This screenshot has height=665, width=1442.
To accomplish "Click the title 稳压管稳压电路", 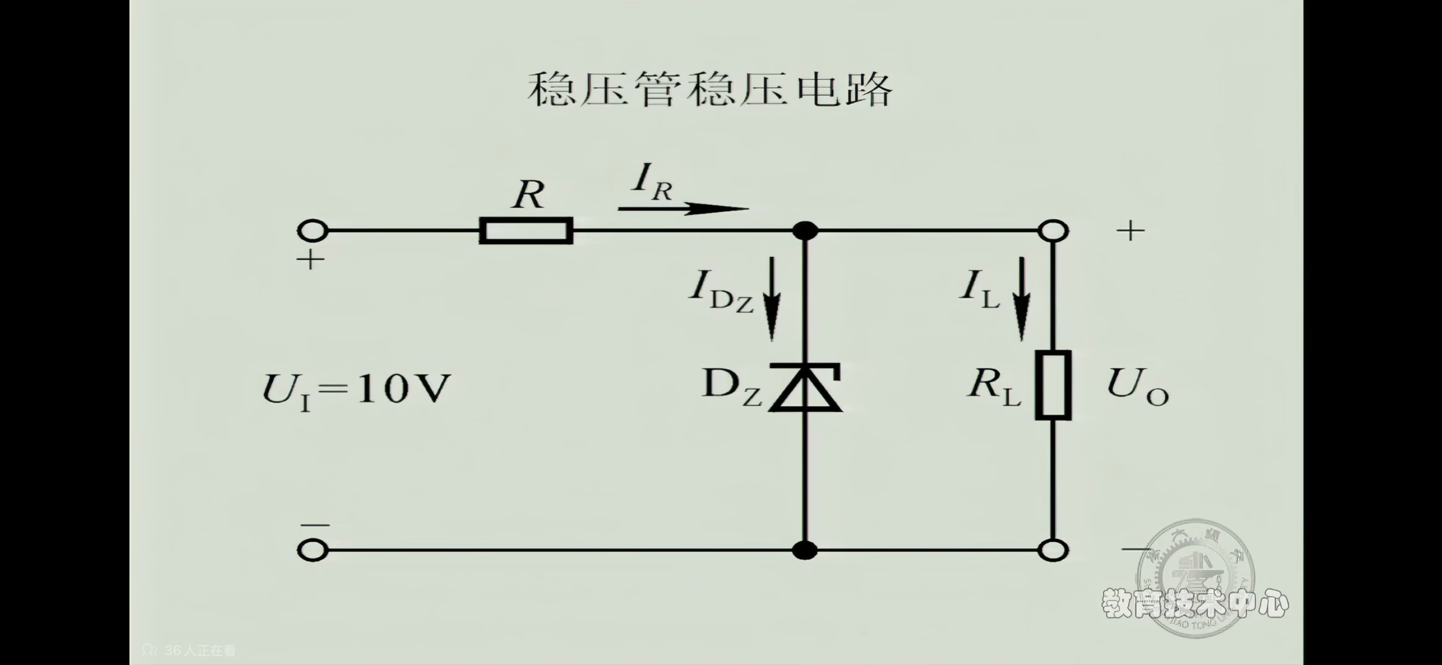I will click(709, 90).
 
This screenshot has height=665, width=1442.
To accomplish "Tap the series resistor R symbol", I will click(526, 230).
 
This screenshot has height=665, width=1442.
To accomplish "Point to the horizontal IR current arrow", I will click(682, 209).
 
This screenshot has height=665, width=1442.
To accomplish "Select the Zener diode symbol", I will click(805, 387).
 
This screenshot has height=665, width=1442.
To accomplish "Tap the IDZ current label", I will click(720, 291).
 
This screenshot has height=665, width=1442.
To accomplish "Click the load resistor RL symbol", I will click(1053, 385).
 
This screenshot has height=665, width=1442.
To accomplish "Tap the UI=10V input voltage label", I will click(356, 389).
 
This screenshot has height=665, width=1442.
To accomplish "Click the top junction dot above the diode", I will click(805, 230).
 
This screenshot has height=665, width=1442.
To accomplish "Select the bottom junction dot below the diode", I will click(805, 550).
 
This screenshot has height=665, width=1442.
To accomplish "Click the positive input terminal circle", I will click(313, 230).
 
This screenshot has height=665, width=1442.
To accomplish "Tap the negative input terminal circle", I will click(313, 550).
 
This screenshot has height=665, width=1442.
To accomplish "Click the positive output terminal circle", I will click(1053, 230).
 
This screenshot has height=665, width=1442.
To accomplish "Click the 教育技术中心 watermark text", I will click(1195, 604).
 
